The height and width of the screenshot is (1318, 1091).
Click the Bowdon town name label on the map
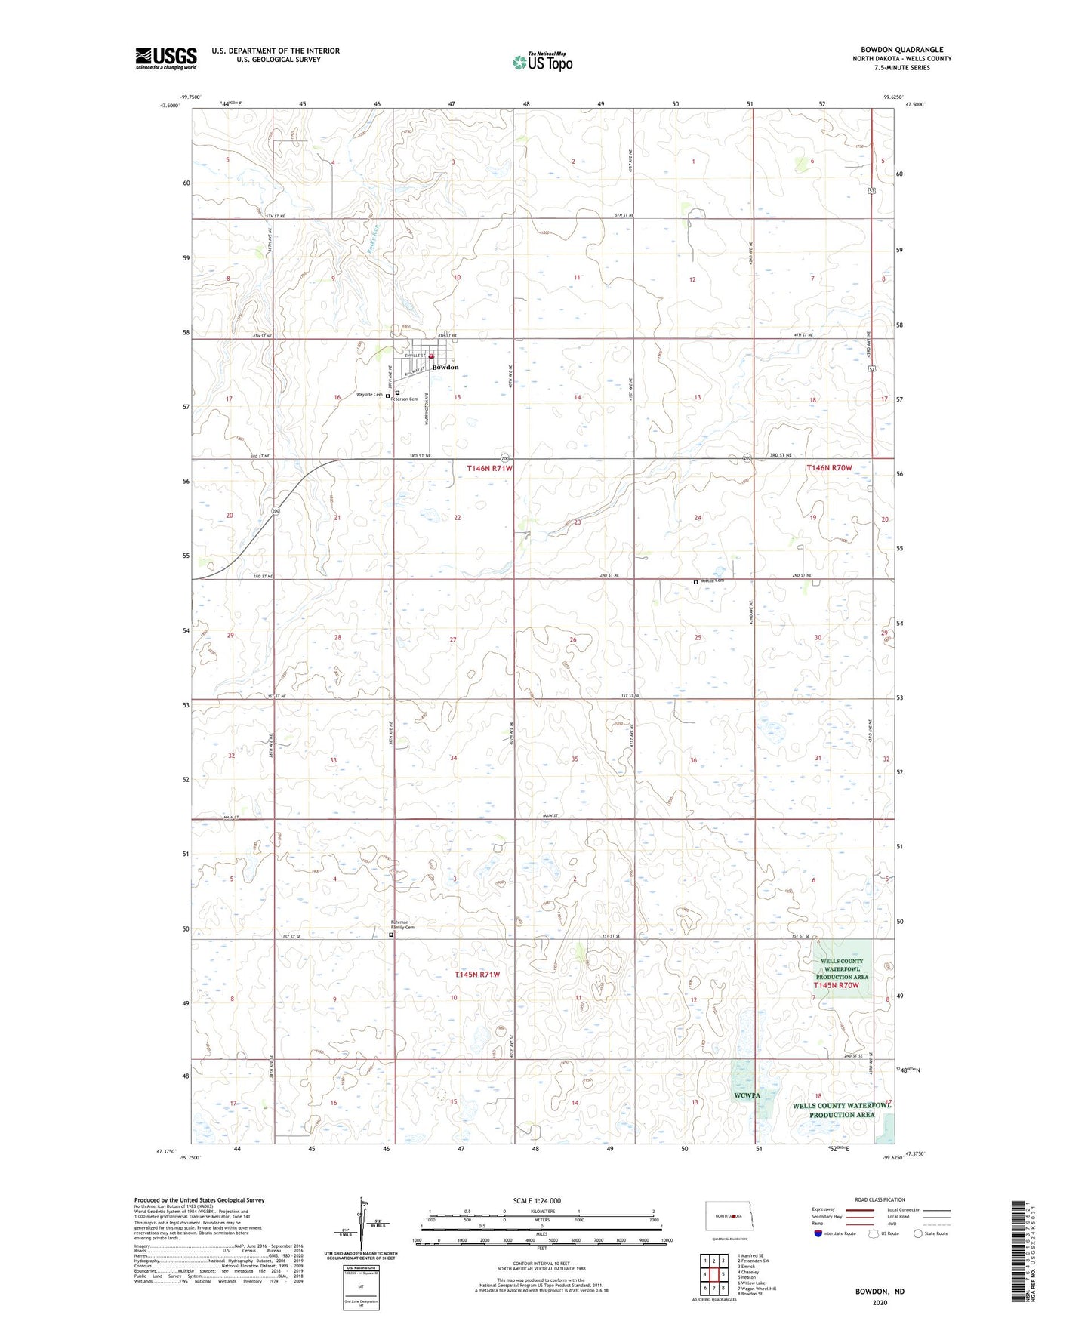(x=445, y=368)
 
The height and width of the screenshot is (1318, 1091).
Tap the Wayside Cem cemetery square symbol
(x=388, y=396)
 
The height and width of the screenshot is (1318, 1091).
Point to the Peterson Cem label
(x=405, y=399)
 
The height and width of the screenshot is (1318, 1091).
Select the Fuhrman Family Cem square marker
(x=391, y=935)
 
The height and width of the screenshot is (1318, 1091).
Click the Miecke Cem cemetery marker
(x=696, y=582)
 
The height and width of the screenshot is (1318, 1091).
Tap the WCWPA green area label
(x=747, y=1095)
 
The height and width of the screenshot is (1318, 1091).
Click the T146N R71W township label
(x=489, y=468)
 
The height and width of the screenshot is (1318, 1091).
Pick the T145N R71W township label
(x=477, y=975)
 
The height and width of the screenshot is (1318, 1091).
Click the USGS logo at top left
(x=166, y=58)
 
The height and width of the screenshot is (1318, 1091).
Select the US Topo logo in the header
(x=542, y=61)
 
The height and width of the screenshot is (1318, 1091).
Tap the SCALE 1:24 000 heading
(x=537, y=1200)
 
